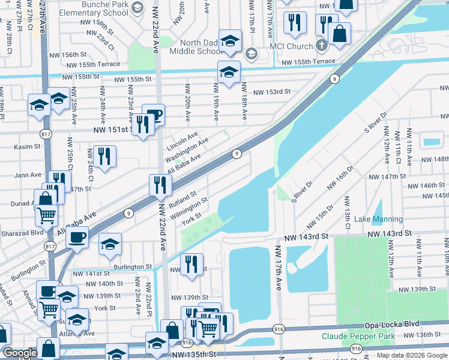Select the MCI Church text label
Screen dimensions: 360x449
coord(287,47)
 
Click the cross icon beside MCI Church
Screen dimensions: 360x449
coord(322,46)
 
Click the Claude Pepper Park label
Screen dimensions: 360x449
coord(358,336)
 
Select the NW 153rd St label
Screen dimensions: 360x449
coord(271,92)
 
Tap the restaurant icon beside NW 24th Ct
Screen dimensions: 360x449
coord(104,157)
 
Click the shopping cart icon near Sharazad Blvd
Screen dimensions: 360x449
coord(47,214)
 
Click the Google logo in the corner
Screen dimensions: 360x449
coord(20,353)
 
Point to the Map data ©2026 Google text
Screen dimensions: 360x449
coord(411,355)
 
